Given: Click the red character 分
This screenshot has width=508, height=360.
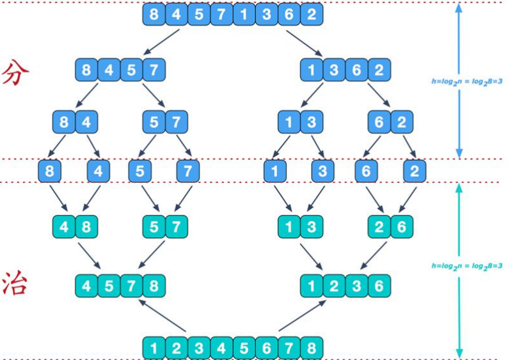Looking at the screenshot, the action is pyautogui.click(x=15, y=72).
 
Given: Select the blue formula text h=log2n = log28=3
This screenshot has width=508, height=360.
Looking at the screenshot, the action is pyautogui.click(x=467, y=82).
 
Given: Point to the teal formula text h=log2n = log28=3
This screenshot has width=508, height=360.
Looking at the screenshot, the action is pyautogui.click(x=467, y=266).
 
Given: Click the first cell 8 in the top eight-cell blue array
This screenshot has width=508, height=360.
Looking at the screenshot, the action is pyautogui.click(x=154, y=14).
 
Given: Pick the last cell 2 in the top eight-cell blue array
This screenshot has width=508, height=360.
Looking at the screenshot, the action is pyautogui.click(x=312, y=14).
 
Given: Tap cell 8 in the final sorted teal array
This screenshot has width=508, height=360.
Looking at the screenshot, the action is pyautogui.click(x=312, y=348).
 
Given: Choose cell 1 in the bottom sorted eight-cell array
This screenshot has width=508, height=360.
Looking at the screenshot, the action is pyautogui.click(x=154, y=348).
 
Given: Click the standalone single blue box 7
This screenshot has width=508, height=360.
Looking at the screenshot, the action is pyautogui.click(x=188, y=171).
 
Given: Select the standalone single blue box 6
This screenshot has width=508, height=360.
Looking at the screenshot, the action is pyautogui.click(x=366, y=171).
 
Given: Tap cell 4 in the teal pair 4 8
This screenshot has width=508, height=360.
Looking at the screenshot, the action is pyautogui.click(x=64, y=226).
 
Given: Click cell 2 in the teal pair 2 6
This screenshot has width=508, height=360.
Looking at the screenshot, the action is pyautogui.click(x=379, y=226).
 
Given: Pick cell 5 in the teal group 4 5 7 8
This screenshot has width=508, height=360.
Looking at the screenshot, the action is pyautogui.click(x=109, y=286).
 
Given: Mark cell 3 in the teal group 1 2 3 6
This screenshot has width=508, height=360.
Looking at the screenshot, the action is pyautogui.click(x=357, y=286).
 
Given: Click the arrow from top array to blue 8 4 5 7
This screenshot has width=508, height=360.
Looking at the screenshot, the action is pyautogui.click(x=161, y=42).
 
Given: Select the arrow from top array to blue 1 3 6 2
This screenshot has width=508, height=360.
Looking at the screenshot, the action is pyautogui.click(x=304, y=43).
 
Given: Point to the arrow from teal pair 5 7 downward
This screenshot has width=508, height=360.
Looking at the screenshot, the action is pyautogui.click(x=152, y=254).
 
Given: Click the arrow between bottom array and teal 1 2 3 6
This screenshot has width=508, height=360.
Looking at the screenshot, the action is pyautogui.click(x=302, y=316).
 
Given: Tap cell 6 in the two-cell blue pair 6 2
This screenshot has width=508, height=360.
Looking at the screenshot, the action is pyautogui.click(x=379, y=122).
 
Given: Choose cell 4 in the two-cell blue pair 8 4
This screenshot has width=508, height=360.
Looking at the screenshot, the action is pyautogui.click(x=86, y=122).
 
